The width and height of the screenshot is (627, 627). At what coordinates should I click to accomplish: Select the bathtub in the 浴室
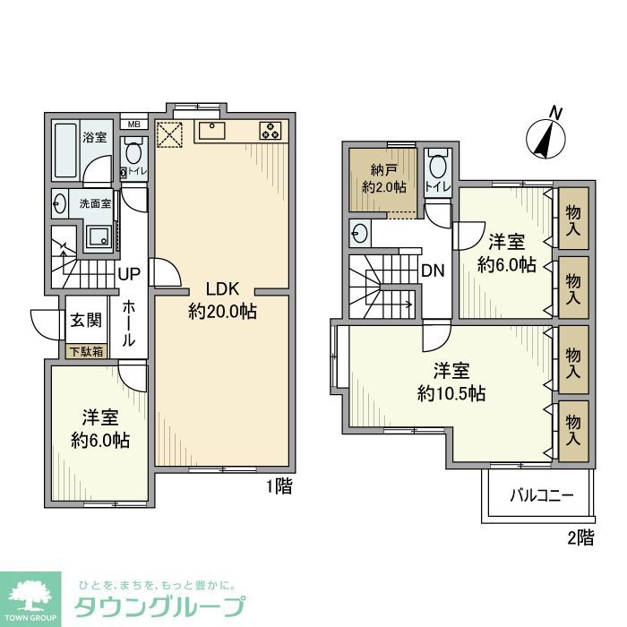point(65,150)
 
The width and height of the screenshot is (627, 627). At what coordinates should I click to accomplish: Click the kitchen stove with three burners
point(271,131)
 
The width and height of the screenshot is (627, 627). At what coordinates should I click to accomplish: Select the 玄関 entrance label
point(86,321)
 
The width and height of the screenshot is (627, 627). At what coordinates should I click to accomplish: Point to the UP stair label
point(128,273)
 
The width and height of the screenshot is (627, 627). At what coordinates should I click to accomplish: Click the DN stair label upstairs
point(434,269)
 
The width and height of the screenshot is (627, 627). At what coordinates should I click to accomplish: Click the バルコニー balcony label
point(541,494)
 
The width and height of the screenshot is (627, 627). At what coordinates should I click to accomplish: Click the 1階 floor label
point(278,487)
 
